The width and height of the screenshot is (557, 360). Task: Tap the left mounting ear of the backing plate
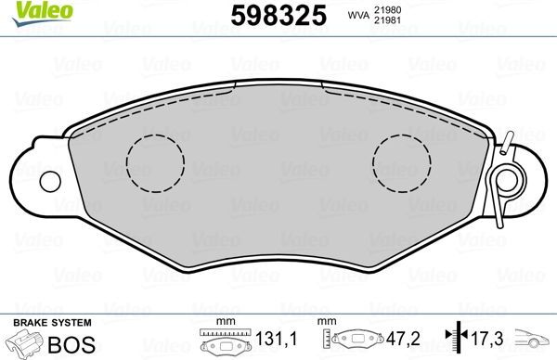pos(37,175)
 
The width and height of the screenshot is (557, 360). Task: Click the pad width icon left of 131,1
pos(222,342)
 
